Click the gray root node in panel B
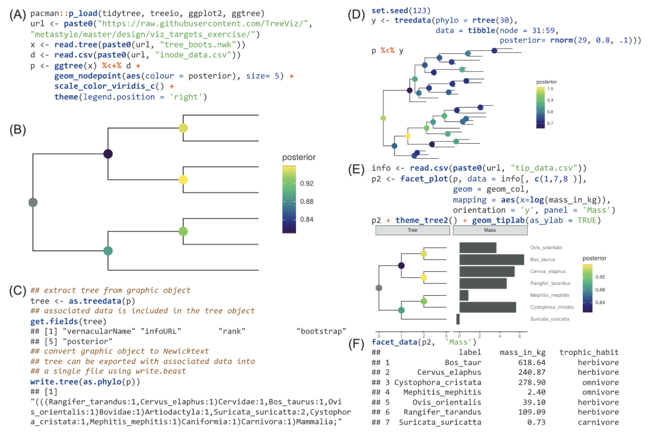click(x=33, y=202)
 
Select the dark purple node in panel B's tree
click(x=108, y=154)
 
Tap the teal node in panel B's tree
click(x=108, y=251)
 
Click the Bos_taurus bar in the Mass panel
click(x=492, y=260)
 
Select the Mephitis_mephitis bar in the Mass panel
click(x=464, y=295)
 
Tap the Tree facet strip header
click(x=412, y=230)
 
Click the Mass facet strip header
click(x=489, y=230)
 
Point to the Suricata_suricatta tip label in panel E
click(x=549, y=319)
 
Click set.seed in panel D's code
click(x=391, y=10)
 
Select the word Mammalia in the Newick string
click(x=315, y=423)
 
